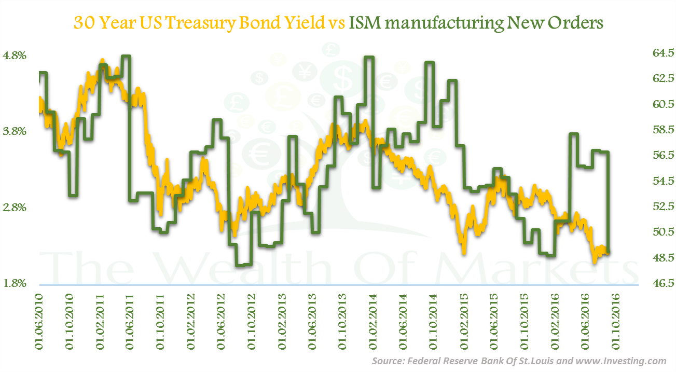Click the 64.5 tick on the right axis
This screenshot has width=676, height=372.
pos(656,53)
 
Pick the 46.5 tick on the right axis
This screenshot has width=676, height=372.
pos(656,284)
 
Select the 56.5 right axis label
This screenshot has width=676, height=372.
pos(656,156)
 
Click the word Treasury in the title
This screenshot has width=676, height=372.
pos(196,23)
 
